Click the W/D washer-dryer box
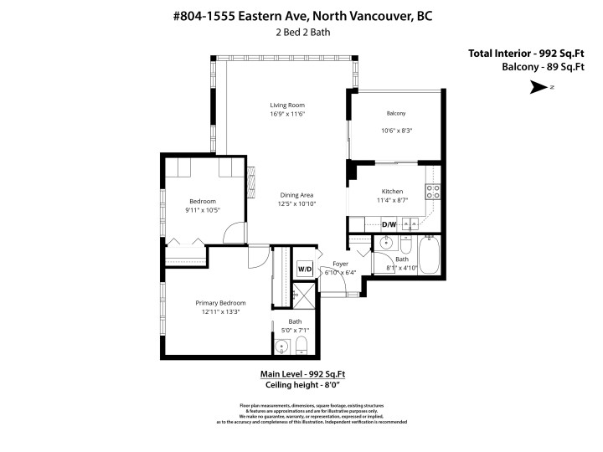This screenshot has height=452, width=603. [x=304, y=269]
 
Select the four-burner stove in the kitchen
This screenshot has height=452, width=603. [x=434, y=193]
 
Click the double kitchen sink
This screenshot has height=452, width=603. [x=410, y=223]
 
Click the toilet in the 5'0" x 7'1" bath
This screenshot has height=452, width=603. [x=301, y=347]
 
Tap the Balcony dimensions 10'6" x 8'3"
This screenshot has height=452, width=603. [x=397, y=131]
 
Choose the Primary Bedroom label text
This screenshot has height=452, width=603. [x=221, y=302]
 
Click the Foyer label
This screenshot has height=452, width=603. [x=340, y=264]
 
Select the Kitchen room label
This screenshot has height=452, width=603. [x=393, y=191]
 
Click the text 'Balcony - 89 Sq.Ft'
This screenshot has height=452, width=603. [x=542, y=67]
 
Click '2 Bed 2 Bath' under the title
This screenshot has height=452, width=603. [x=301, y=33]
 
